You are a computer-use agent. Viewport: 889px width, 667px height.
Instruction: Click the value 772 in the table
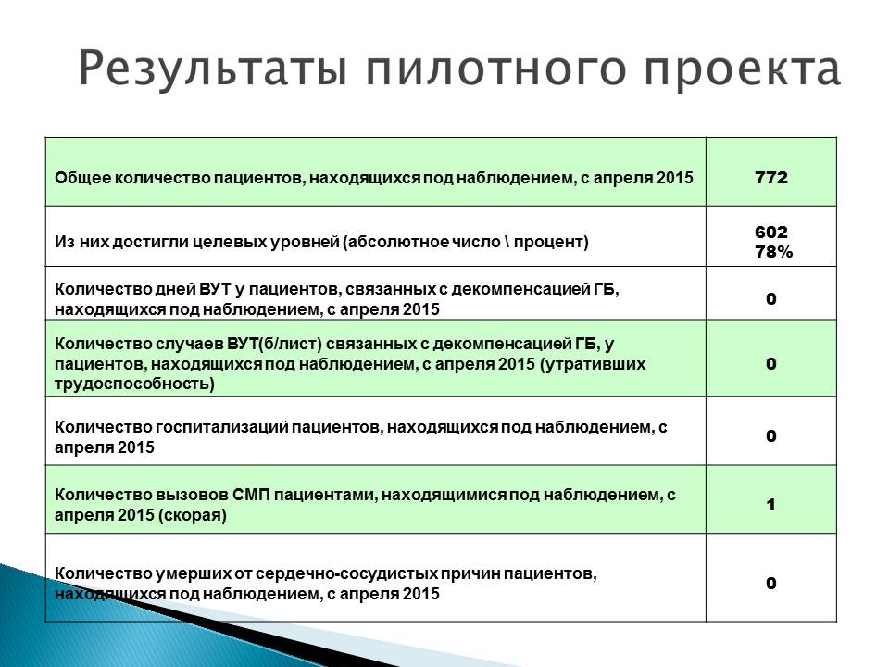tap(771, 178)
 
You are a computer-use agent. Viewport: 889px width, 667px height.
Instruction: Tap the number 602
tap(771, 232)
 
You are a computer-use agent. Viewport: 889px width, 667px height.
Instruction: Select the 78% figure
tap(773, 252)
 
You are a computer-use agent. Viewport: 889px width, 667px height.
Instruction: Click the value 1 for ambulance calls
tap(771, 505)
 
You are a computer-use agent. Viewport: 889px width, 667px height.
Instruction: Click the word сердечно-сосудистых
tap(346, 573)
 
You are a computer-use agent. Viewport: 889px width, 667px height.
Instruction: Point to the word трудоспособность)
tap(135, 384)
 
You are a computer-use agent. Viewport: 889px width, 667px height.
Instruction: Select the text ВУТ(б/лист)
tap(274, 344)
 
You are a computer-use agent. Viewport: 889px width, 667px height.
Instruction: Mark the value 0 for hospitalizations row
tap(771, 436)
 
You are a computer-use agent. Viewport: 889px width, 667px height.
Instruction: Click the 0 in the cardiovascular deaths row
tap(771, 583)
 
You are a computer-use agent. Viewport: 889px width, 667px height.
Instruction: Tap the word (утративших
tap(593, 364)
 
